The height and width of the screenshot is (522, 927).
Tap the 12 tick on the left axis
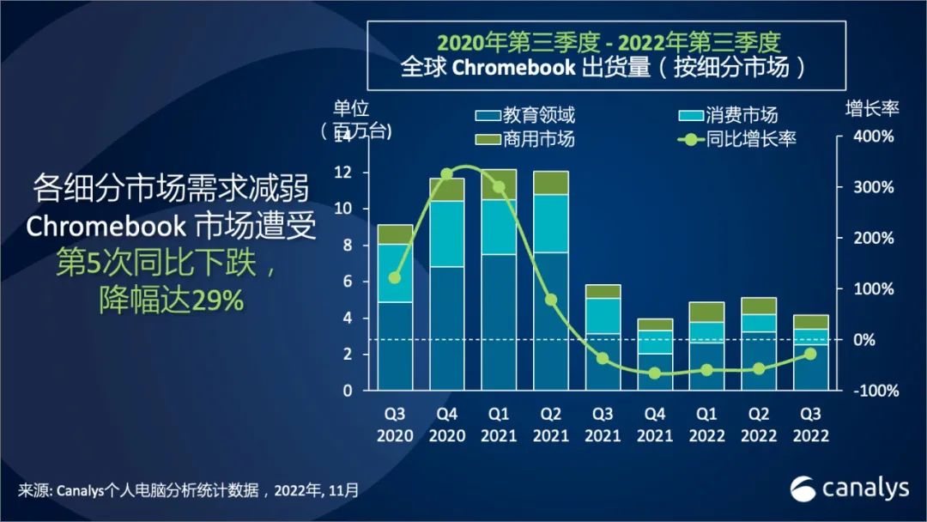(x=346, y=173)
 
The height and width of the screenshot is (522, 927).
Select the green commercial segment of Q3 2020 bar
(x=395, y=234)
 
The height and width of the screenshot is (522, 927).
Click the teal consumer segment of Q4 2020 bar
(x=446, y=234)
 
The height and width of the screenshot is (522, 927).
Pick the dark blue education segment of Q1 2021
(x=499, y=322)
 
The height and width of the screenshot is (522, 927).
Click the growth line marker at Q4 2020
(x=446, y=174)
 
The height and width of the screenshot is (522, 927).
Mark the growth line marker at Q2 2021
(x=551, y=300)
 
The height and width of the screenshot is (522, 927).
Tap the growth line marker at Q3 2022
(x=810, y=354)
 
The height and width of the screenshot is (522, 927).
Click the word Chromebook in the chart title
(x=513, y=68)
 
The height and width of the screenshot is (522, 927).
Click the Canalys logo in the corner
(x=849, y=489)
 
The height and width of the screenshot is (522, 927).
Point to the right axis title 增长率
(x=871, y=110)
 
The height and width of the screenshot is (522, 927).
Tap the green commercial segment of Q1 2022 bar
(x=706, y=312)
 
